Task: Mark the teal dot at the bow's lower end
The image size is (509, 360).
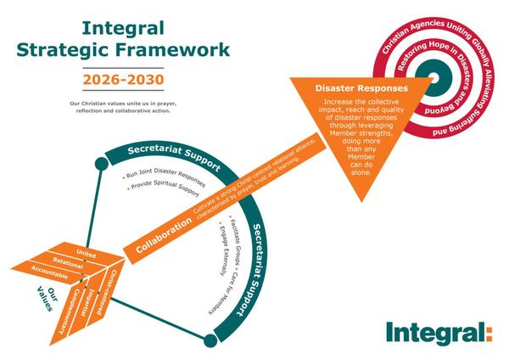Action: tap(210, 340)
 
